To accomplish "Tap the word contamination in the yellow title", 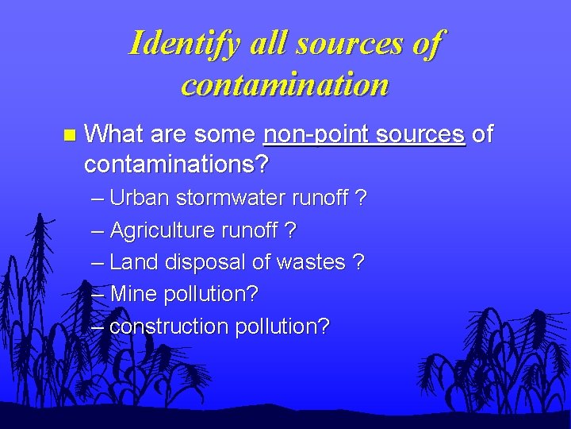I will (285, 83).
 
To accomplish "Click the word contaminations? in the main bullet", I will (176, 165).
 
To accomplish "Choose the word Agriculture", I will (162, 230).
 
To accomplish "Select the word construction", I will (168, 326).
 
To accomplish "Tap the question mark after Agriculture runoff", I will (290, 230).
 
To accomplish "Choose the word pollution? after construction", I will (282, 326).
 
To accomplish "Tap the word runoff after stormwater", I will (318, 198).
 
